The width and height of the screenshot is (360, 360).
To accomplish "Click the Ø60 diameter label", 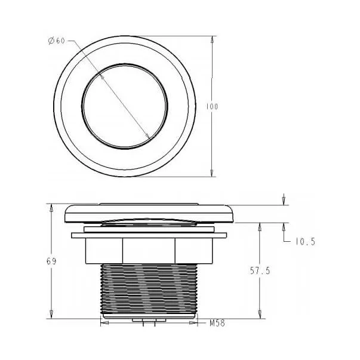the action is click(57, 41).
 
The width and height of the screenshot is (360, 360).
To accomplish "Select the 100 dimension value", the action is click(212, 107).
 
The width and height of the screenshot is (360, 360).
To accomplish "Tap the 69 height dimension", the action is click(51, 261).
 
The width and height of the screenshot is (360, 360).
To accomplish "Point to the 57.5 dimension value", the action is click(260, 271).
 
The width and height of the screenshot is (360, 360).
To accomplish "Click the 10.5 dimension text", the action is click(305, 242).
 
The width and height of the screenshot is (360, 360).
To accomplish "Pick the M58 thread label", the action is click(217, 323).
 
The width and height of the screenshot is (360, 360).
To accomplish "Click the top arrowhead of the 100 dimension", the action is click(212, 40).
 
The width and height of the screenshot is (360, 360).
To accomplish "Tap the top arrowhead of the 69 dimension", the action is click(51, 207).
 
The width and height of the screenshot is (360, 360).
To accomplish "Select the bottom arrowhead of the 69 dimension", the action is click(51, 315).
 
